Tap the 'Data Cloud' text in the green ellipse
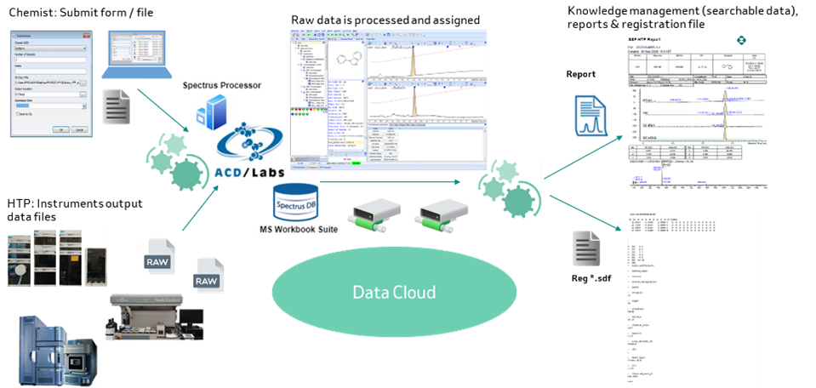394,292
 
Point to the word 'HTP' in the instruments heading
20,203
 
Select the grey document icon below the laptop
116,106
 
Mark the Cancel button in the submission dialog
78,129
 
